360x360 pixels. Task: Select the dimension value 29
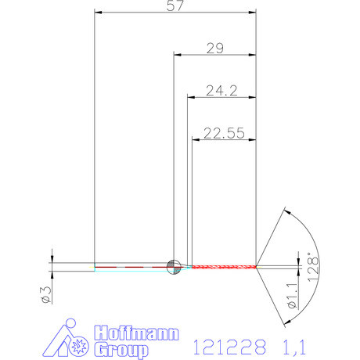[214, 49]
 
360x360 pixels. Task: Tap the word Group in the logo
[121, 349]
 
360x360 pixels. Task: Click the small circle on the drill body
[174, 266]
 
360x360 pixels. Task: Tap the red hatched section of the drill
[223, 267]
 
